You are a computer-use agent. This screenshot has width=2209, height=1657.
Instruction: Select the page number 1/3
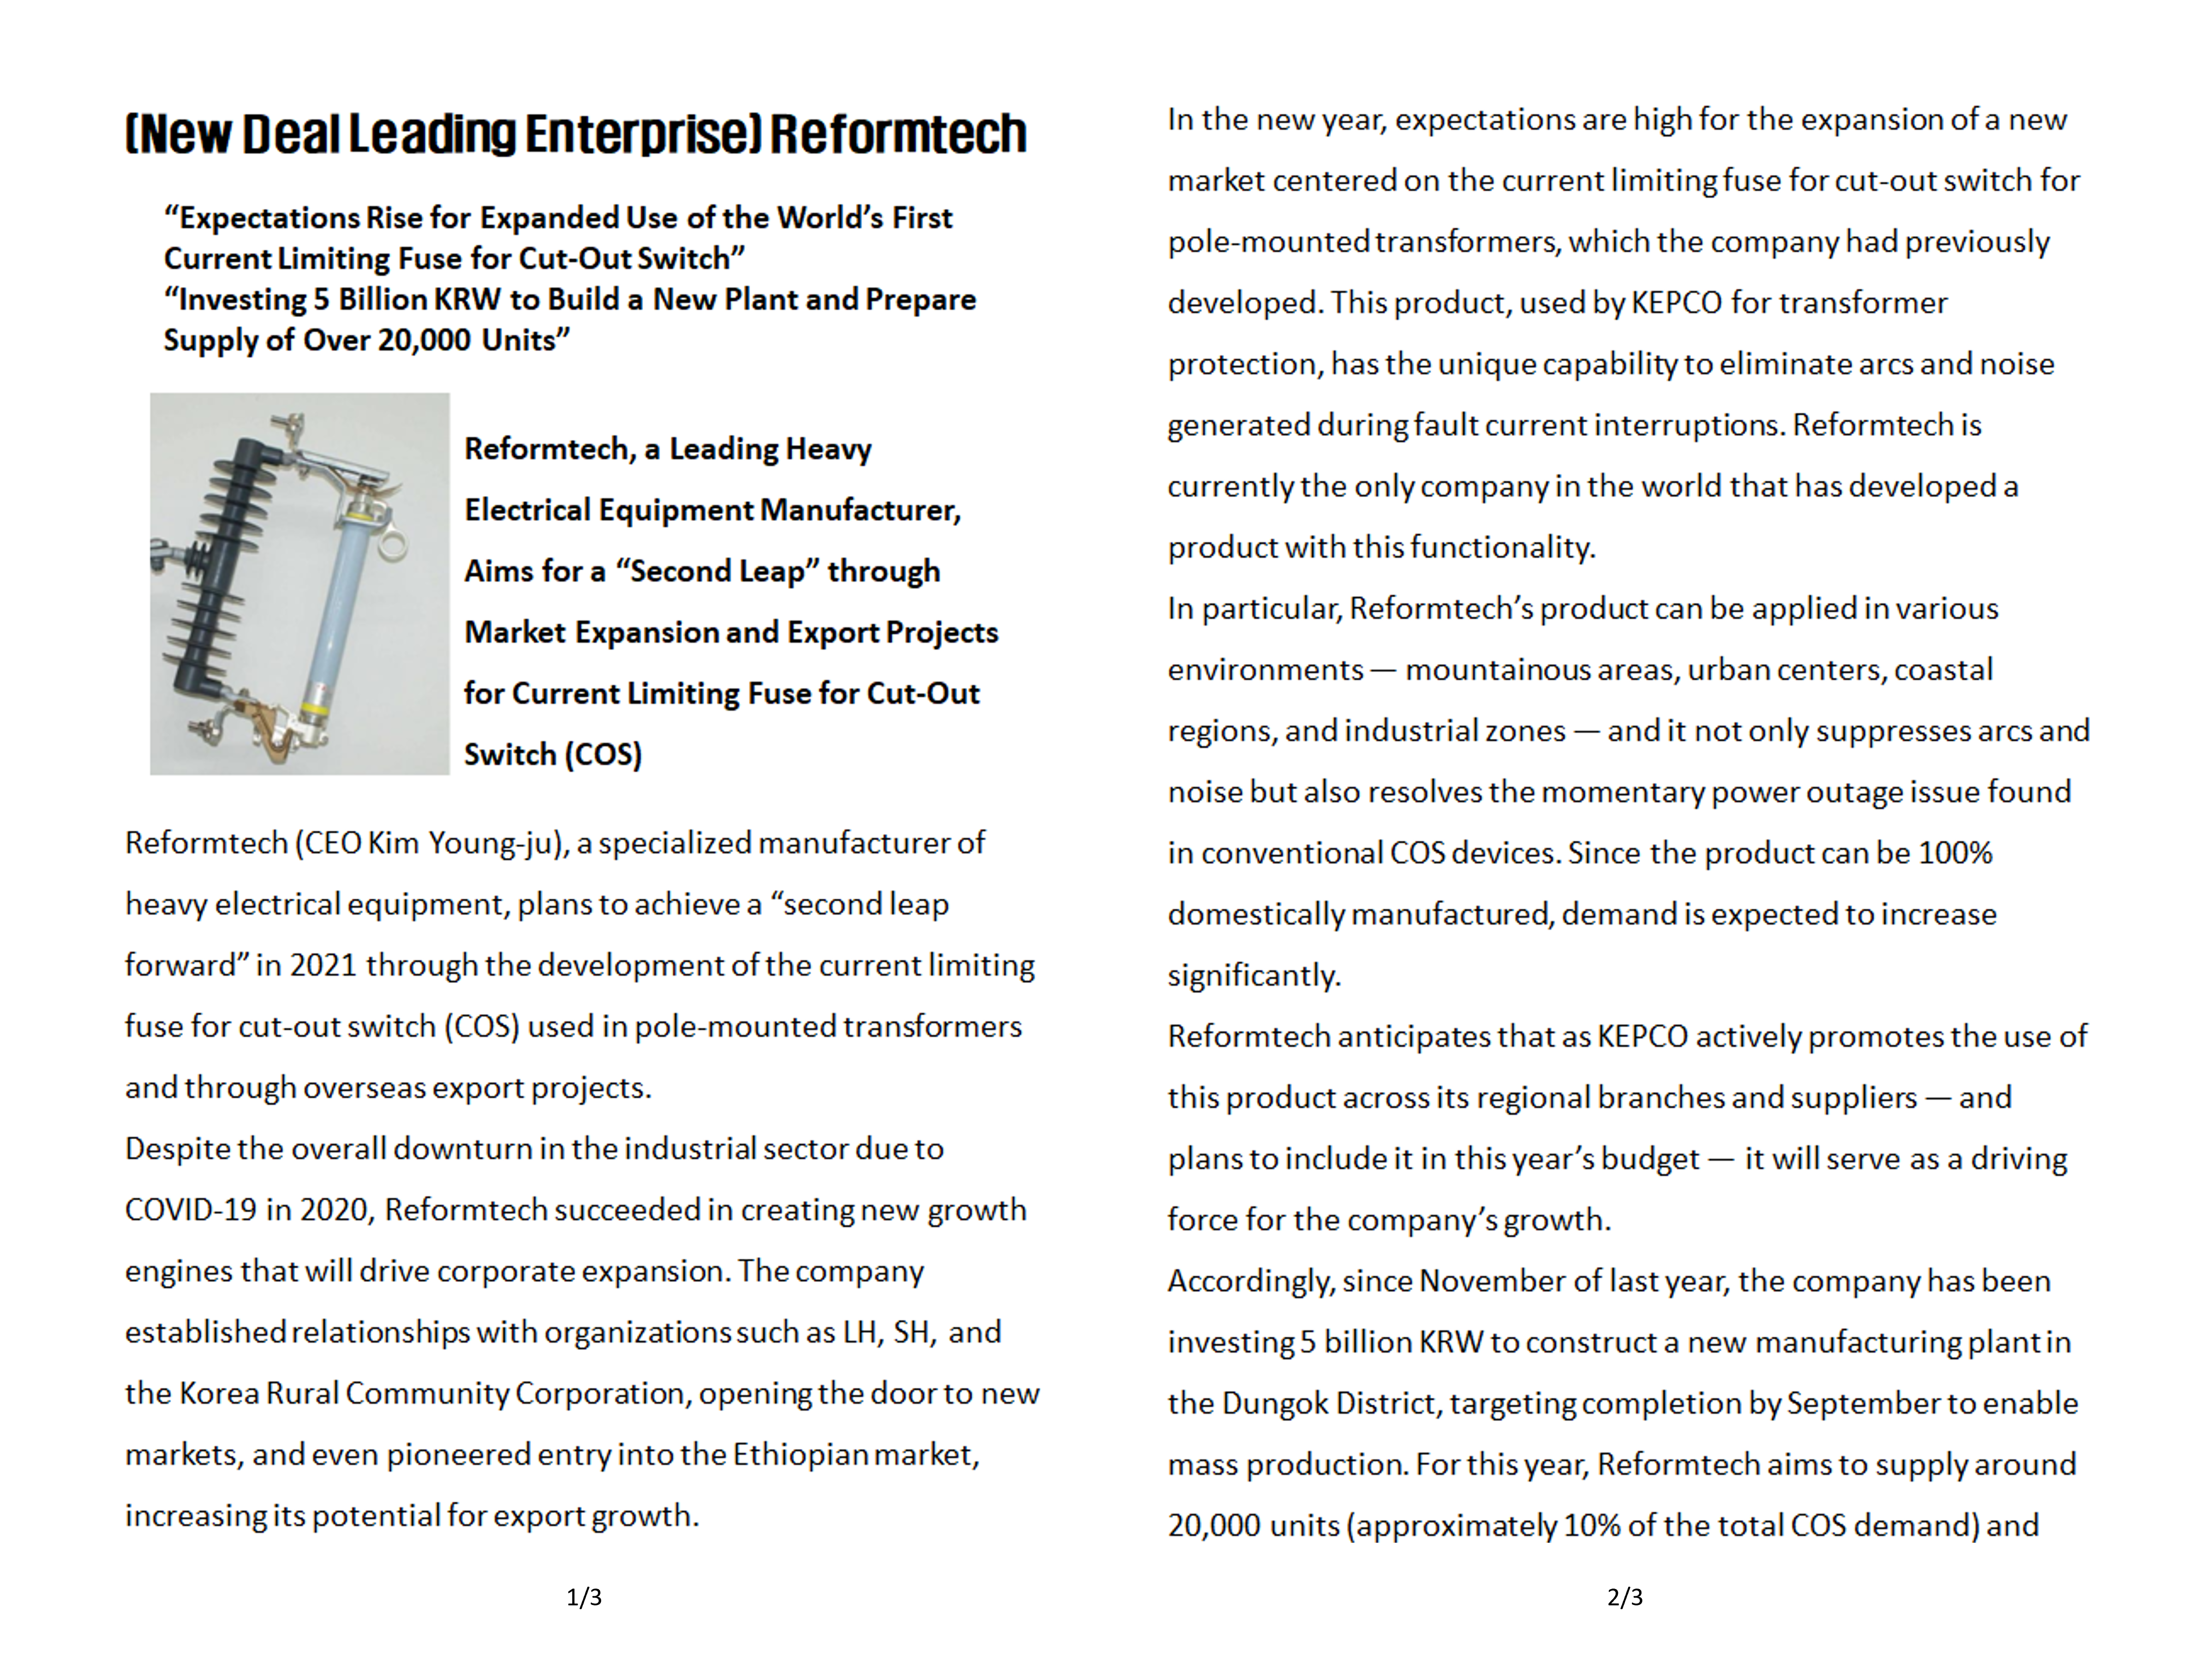pos(584,1597)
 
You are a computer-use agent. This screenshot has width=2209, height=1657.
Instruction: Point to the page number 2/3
pos(1625,1597)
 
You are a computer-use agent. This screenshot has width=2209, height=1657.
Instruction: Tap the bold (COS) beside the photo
pos(603,754)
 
